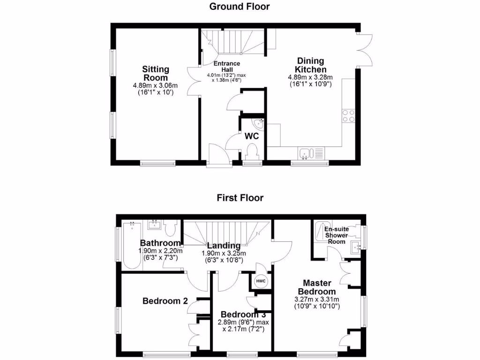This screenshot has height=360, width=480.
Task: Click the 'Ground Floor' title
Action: [x=240, y=6]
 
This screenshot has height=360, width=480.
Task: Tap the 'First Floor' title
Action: [x=240, y=198]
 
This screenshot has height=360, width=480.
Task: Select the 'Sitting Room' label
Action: [x=156, y=74]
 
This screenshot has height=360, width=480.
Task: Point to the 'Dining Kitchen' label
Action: [x=310, y=65]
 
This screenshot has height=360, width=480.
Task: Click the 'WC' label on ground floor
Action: [x=251, y=136]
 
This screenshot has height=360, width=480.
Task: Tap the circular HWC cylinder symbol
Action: [x=261, y=281]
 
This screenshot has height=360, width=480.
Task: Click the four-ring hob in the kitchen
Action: [x=348, y=116]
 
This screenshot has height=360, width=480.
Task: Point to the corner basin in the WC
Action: [x=259, y=124]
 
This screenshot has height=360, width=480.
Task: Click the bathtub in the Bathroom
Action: [x=131, y=246]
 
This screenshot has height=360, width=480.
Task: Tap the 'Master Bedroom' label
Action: [x=317, y=287]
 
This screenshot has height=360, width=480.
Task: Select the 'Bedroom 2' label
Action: [x=162, y=301]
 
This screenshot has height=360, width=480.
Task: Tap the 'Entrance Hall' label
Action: [x=226, y=67]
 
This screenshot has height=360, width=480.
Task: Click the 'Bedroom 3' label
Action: [x=240, y=314]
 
